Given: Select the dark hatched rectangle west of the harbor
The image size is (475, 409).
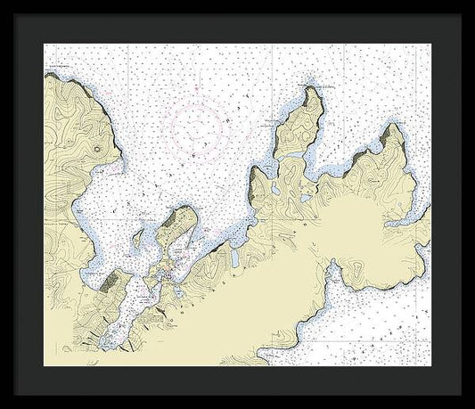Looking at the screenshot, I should click(109, 284).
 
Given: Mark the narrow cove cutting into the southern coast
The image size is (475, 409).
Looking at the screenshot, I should click(333, 267).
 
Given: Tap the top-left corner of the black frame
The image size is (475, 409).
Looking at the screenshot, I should click(2, 2).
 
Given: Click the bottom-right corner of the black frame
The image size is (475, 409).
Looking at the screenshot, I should click(472, 406).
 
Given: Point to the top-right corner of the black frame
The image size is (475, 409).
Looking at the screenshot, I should click(472, 2).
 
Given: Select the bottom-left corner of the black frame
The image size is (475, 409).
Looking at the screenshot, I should click(2, 406).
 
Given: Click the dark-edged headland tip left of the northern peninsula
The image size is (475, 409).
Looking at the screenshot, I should click(257, 169).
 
